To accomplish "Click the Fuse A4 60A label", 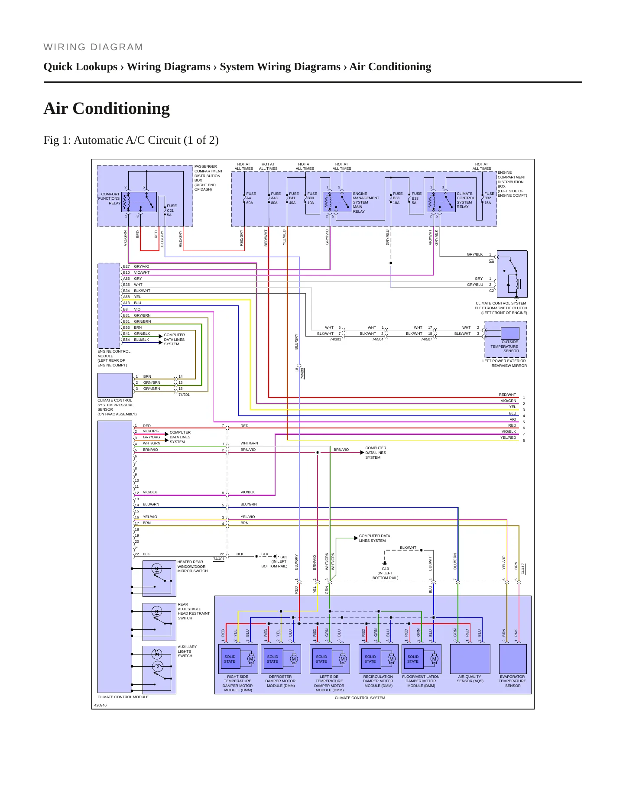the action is tap(251, 198).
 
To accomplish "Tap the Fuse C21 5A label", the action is tap(172, 211).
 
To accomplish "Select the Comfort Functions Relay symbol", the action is tap(139, 202).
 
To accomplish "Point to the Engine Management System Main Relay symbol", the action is tap(337, 202).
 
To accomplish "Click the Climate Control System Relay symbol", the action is tap(441, 202).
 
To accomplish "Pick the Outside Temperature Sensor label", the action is tap(505, 347).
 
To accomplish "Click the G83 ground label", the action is tap(284, 557).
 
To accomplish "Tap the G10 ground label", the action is tap(385, 569).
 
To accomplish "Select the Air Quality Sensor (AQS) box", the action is tap(470, 659).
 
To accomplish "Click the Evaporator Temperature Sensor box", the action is tap(513, 659).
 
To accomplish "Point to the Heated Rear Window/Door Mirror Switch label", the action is tap(192, 567).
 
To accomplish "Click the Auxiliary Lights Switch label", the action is tap(187, 651).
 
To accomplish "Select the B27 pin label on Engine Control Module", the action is tap(126, 266).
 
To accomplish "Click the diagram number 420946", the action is tap(101, 705).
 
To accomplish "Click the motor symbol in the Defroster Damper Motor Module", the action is tap(294, 659).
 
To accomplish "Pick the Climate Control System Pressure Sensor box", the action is tap(115, 385).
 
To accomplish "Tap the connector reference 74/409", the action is tap(302, 373).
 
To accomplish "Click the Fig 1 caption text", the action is tap(131, 140).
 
